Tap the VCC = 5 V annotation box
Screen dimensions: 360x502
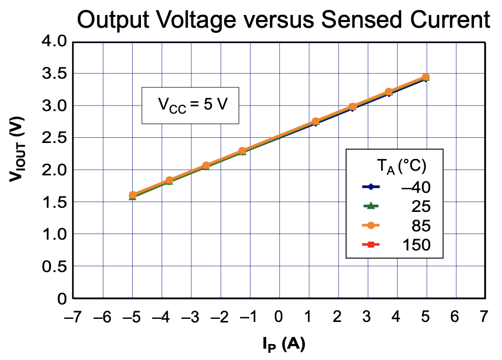190,105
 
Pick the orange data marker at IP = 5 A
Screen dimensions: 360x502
426,77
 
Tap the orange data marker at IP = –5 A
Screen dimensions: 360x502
133,195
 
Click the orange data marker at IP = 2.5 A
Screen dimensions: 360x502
353,106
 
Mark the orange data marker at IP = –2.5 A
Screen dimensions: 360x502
206,166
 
